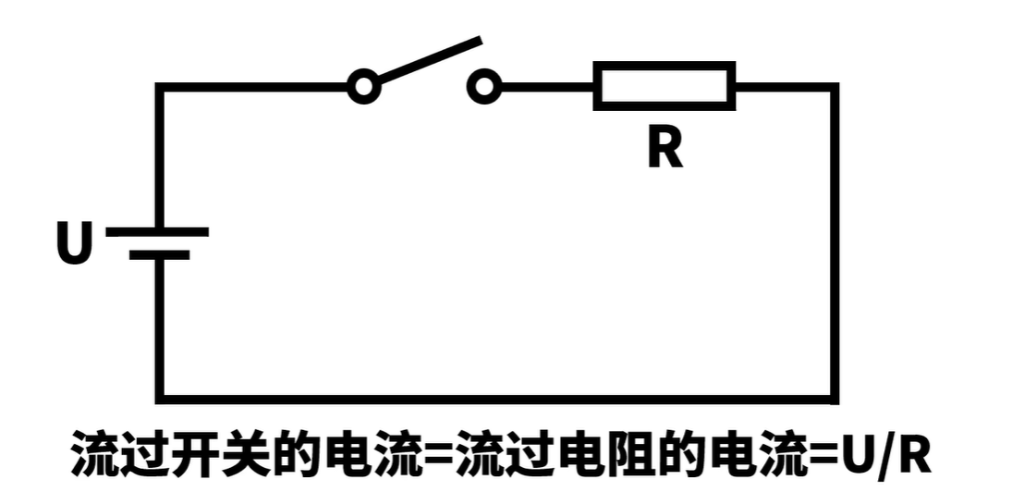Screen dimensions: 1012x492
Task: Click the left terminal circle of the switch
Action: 363,88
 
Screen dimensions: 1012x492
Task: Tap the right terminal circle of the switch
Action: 483,88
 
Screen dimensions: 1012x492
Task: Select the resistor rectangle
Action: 664,86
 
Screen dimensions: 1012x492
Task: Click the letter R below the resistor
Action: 665,149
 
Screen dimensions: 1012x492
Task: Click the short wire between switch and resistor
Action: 546,88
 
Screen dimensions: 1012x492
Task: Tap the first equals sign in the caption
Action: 437,455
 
